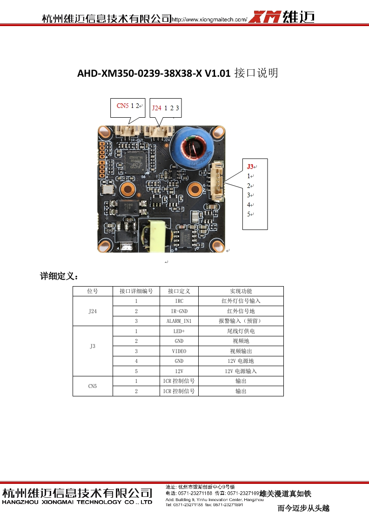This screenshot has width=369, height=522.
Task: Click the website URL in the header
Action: [209, 20]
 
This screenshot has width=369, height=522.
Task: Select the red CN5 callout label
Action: [122, 106]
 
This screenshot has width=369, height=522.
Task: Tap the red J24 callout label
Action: [156, 108]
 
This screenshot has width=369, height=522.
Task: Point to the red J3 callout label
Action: [250, 167]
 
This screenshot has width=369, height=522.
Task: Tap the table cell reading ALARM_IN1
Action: [179, 321]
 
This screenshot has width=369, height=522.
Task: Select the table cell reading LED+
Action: [179, 331]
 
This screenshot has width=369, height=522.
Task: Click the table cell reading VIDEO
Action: [179, 351]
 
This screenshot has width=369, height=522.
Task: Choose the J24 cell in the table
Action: [93, 311]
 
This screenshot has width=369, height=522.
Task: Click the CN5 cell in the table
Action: [93, 386]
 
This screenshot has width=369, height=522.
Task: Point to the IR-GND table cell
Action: [179, 311]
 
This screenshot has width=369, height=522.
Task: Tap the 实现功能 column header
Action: [241, 291]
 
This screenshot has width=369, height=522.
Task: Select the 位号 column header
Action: [93, 291]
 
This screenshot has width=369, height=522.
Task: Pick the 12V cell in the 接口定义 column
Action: [179, 371]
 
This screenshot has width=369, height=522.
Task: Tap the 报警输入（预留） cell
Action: [241, 321]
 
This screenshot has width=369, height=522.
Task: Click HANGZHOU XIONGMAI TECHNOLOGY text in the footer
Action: [77, 502]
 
